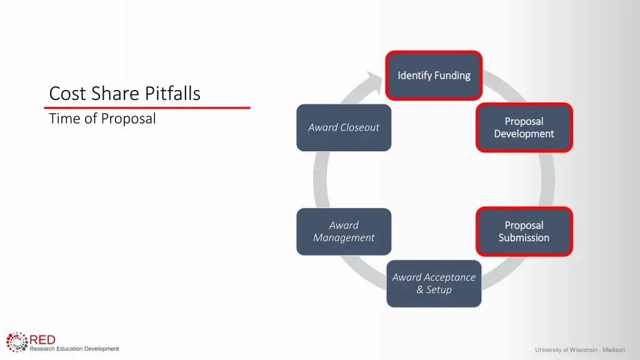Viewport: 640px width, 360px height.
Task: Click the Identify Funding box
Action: (x=434, y=76)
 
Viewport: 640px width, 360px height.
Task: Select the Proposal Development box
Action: (x=524, y=127)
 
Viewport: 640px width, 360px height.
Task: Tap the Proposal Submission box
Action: (x=524, y=231)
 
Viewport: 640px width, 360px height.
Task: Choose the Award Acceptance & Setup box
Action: (x=434, y=283)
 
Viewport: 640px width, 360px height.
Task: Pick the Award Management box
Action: (x=344, y=231)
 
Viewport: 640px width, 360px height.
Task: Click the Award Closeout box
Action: (x=344, y=127)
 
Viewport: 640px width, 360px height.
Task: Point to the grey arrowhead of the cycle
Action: (x=374, y=82)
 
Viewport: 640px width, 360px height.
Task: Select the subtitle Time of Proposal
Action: (x=102, y=118)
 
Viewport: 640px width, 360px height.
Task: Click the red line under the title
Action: (x=147, y=108)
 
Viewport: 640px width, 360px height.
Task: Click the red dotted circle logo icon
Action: (x=17, y=343)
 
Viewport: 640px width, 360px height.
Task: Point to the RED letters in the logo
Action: (x=42, y=339)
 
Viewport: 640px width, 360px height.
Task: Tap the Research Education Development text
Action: (x=74, y=349)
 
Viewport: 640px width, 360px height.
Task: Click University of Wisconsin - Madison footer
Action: (x=580, y=350)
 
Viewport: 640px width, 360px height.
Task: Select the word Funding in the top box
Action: (x=452, y=76)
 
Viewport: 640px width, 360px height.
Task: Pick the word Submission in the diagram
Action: (x=524, y=237)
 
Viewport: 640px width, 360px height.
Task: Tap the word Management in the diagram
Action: (x=344, y=237)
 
